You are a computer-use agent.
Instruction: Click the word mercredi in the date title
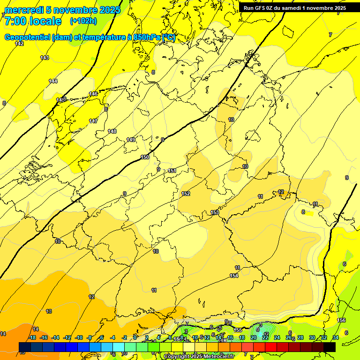pos(23,10)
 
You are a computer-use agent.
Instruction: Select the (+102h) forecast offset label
pos(83,21)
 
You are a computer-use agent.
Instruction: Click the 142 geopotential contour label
pos(19,44)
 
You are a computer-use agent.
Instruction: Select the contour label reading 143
pos(45,58)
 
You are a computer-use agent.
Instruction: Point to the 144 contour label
pos(53,81)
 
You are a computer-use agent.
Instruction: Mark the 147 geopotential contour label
pos(93,121)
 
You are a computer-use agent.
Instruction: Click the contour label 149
pos(131,140)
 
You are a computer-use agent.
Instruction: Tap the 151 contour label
pos(172,171)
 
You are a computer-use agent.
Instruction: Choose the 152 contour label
pos(186,194)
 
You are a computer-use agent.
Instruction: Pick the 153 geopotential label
pos(215,212)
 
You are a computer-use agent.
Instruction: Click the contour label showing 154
pos(234,276)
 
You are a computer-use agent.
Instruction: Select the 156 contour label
pos(341,320)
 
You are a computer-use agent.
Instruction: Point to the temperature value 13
pos(49,311)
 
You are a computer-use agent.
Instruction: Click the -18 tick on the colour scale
pos(32,337)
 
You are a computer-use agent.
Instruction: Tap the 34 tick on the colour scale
pos(335,337)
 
